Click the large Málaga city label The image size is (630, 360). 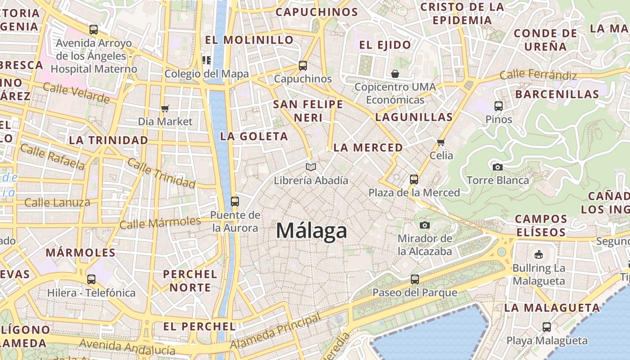click(x=311, y=231)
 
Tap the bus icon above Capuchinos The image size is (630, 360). click(x=303, y=66)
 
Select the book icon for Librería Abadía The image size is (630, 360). click(x=310, y=167)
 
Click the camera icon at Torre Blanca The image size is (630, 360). click(x=497, y=167)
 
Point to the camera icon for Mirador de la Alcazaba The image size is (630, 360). click(x=424, y=225)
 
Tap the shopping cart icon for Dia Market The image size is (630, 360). click(x=165, y=108)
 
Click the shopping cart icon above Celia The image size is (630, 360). click(x=441, y=142)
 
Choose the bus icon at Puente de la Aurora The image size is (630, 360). click(x=234, y=201)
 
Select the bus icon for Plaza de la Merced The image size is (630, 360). click(x=414, y=180)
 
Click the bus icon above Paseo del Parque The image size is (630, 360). click(x=415, y=279)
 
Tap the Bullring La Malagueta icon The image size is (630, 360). click(x=538, y=255)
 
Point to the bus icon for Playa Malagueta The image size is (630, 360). click(x=547, y=327)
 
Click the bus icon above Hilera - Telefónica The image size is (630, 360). click(x=91, y=279)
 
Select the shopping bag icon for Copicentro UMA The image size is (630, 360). click(x=395, y=73)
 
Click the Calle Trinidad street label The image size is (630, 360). click(x=161, y=173)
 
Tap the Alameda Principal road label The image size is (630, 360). click(x=275, y=331)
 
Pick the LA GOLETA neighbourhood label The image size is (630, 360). click(x=254, y=136)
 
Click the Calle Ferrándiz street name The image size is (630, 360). click(x=538, y=75)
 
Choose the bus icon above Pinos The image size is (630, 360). click(x=499, y=106)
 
